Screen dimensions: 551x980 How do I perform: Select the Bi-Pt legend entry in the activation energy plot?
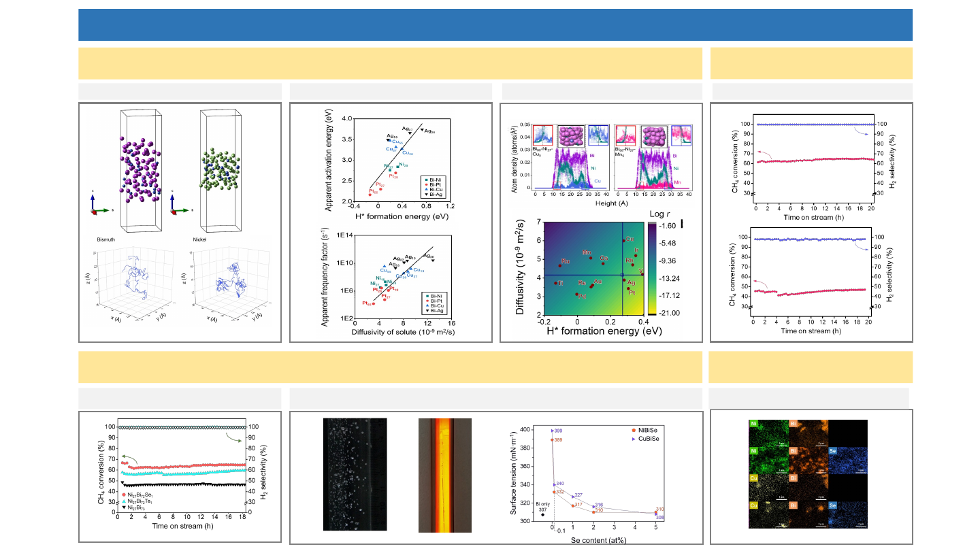[434, 184]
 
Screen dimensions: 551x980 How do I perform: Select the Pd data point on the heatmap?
[576, 295]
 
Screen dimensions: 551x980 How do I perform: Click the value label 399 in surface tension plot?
[559, 431]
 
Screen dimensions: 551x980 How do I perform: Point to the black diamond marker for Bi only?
[542, 515]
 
